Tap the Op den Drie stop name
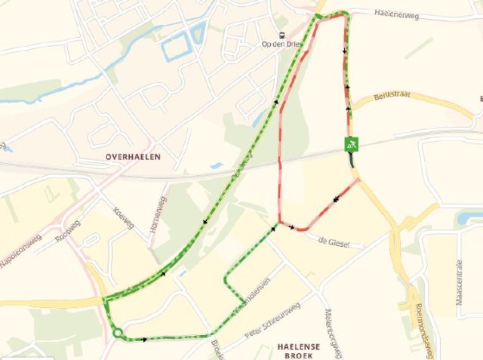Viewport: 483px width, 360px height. tap(281, 45)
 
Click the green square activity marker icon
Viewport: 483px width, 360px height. tap(351, 143)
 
